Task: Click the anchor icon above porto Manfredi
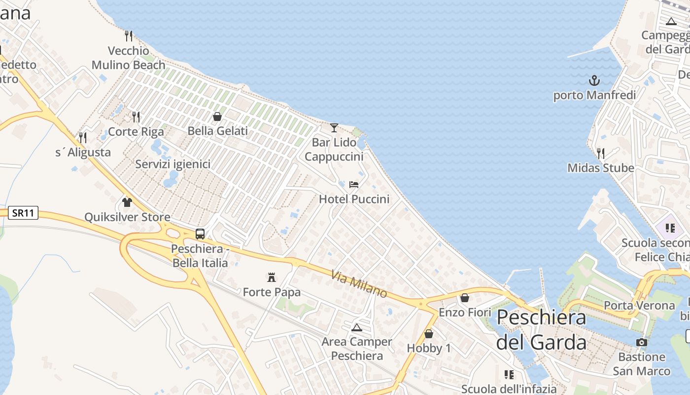594,80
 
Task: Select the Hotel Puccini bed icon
354,185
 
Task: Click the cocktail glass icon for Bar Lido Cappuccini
334,128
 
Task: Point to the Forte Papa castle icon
271,277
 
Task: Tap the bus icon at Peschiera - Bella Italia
200,234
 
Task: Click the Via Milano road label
359,284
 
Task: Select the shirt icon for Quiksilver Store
127,202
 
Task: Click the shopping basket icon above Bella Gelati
217,117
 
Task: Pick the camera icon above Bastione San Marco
641,342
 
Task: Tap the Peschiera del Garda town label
541,329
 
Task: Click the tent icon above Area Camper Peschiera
356,327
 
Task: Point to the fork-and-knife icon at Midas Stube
600,154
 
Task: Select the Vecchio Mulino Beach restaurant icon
129,36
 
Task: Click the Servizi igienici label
173,164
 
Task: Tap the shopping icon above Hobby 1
429,334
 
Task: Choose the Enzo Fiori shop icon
464,298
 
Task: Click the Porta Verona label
639,306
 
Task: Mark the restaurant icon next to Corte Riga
136,117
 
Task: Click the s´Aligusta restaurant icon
83,138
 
